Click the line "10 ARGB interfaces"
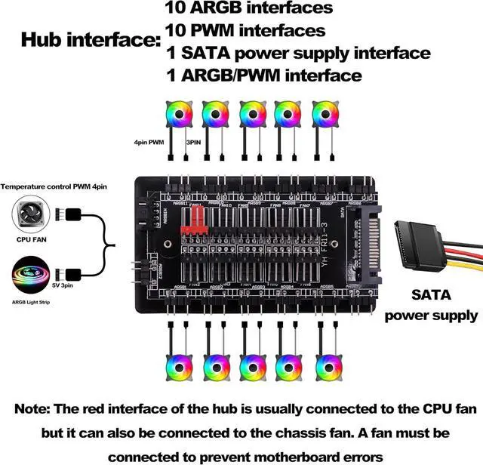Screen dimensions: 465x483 click(x=248, y=9)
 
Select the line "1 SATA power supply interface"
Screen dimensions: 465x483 click(x=297, y=53)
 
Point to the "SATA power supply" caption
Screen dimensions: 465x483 click(x=432, y=305)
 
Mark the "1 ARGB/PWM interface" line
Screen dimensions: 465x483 click(x=263, y=75)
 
